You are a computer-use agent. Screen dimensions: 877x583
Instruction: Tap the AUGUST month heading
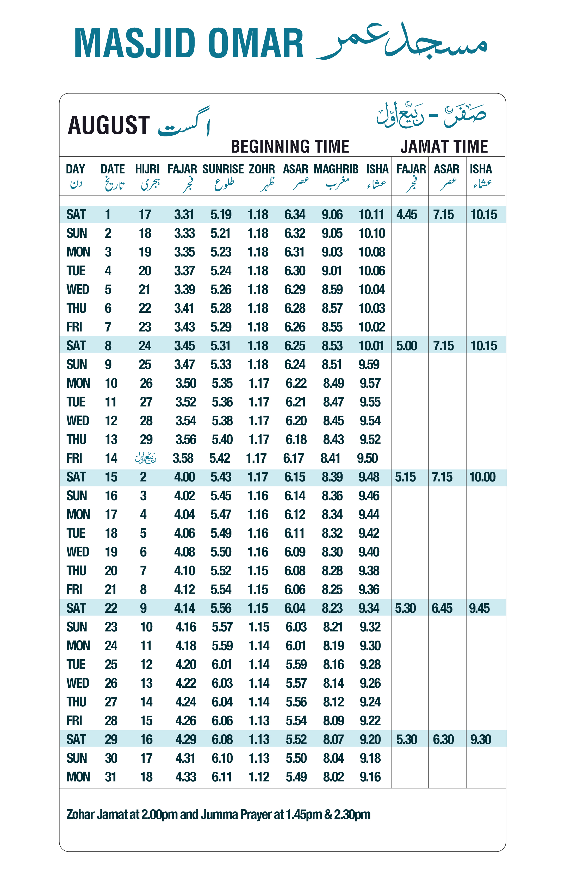point(109,125)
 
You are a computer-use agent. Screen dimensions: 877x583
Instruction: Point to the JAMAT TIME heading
point(444,146)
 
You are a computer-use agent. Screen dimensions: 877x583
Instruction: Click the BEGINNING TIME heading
point(290,146)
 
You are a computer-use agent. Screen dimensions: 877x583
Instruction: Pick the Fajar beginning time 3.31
point(184,215)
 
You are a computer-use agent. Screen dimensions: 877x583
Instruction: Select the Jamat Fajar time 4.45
point(406,215)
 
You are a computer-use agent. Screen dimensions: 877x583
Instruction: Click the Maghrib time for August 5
point(332,290)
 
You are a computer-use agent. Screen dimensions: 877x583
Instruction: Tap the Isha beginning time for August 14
point(367,458)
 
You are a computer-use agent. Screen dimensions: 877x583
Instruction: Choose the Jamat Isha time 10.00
point(482,477)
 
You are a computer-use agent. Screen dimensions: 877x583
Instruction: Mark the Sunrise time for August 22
point(221,608)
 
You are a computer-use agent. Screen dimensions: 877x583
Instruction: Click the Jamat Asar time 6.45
point(442,608)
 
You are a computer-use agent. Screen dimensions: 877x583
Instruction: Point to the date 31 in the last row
point(111,777)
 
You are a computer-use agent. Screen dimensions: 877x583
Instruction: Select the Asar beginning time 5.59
point(296,665)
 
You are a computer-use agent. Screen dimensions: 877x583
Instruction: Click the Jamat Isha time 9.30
point(480,740)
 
